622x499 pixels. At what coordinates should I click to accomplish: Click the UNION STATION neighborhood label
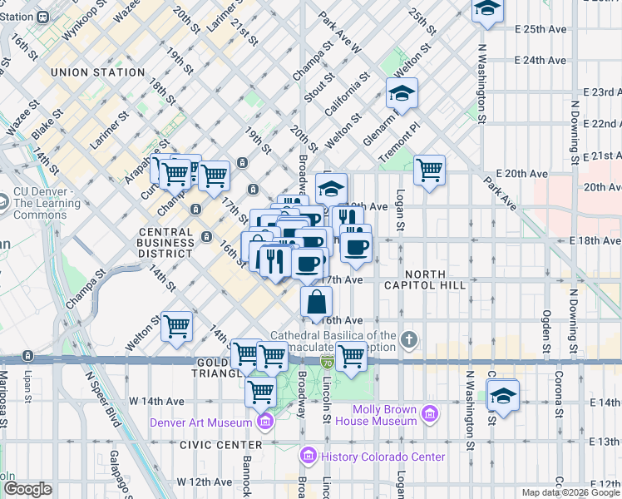[x=97, y=72]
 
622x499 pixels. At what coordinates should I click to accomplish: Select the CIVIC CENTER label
[x=210, y=444]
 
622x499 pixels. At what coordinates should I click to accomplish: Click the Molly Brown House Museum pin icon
[x=430, y=413]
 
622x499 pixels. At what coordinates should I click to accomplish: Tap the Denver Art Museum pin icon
[x=265, y=422]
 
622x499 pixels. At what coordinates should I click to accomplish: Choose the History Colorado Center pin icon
[x=309, y=457]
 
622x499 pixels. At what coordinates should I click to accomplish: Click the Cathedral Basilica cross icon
[x=407, y=339]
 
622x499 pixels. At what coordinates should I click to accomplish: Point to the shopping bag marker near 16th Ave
[x=317, y=302]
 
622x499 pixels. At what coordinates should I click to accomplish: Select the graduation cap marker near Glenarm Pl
[x=402, y=93]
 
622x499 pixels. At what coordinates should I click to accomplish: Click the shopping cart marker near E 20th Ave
[x=429, y=170]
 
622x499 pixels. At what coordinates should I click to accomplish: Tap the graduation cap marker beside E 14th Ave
[x=503, y=396]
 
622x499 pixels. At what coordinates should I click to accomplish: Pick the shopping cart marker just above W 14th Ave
[x=261, y=390]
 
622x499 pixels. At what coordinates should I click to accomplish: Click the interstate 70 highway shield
[x=327, y=362]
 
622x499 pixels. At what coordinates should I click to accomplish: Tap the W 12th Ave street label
[x=204, y=482]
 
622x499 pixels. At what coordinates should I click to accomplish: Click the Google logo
[x=27, y=489]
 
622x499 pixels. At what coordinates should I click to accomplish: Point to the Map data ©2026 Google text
[x=570, y=492]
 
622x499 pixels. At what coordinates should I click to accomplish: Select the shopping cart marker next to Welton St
[x=177, y=327]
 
